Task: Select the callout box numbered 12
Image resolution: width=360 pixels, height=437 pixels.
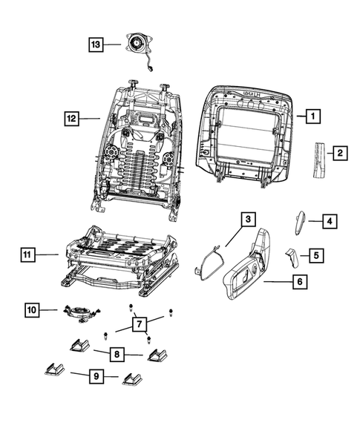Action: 71,117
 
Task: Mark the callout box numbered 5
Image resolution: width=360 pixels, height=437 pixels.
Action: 315,255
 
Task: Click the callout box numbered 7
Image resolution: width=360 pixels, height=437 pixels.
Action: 138,324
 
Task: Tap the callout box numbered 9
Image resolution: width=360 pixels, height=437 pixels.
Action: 96,378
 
